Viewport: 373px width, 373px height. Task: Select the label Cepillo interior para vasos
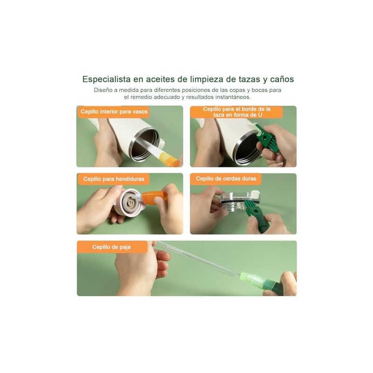114,111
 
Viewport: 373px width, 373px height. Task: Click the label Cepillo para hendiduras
114,179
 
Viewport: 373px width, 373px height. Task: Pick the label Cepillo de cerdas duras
226,179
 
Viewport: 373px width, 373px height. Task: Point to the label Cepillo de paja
111,247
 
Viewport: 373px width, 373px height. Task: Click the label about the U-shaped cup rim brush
237,112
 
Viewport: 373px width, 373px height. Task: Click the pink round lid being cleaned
129,203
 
